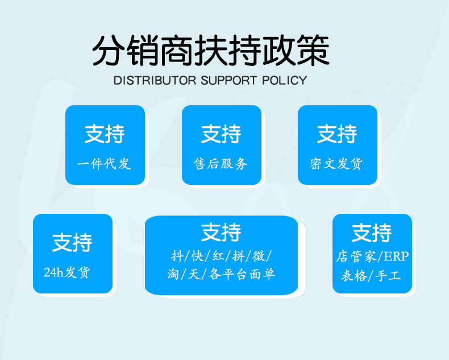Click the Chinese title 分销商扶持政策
(211, 51)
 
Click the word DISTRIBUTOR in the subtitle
(155, 80)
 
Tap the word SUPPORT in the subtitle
(228, 80)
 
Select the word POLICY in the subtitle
(284, 80)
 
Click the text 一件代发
(104, 164)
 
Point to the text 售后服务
(221, 164)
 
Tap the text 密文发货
(336, 164)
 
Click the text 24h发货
(67, 272)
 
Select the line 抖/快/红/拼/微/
(221, 256)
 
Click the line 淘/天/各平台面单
(221, 274)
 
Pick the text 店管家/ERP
(372, 256)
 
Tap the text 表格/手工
(371, 276)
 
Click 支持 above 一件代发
(105, 134)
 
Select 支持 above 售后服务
(221, 134)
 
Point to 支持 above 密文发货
(337, 134)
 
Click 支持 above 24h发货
(72, 242)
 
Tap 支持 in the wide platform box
(221, 232)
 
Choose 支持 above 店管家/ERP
(372, 232)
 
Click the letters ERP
(396, 256)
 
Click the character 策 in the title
(313, 51)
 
